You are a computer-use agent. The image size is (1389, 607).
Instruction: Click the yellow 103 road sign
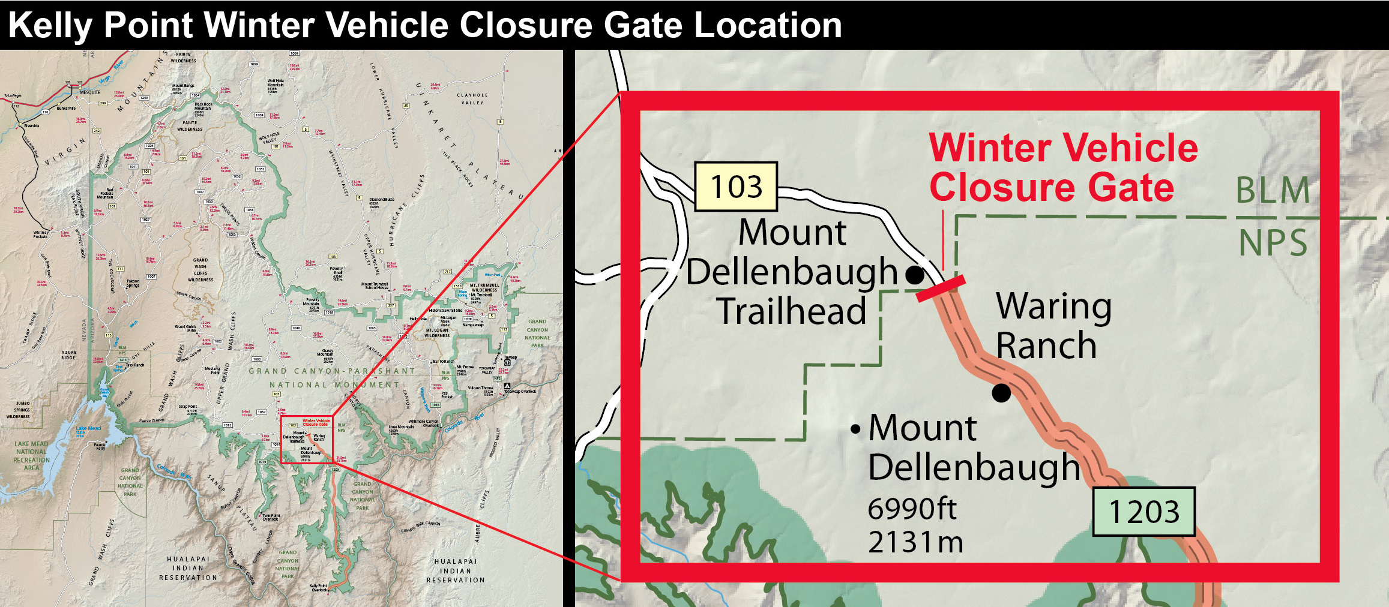tap(736, 187)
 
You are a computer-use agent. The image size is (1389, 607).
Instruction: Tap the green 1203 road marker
tap(1143, 512)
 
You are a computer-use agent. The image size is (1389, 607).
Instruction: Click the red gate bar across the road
tap(941, 289)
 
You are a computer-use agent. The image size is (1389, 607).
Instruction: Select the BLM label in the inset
tap(1272, 191)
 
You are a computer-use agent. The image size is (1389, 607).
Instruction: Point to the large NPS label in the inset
tap(1273, 243)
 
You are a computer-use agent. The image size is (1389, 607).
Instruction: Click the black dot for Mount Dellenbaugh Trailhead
tap(914, 275)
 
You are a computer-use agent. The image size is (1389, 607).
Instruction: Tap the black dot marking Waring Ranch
tap(1001, 393)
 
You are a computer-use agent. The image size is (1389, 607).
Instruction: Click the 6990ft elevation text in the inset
tap(912, 509)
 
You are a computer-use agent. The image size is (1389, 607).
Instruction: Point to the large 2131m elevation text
tap(915, 542)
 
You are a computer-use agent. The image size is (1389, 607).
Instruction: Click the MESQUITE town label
tap(90, 92)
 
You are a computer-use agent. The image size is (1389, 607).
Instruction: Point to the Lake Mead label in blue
tap(89, 428)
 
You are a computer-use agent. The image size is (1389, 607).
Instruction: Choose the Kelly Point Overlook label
tap(319, 588)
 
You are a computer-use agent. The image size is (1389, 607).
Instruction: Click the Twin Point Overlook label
tap(271, 517)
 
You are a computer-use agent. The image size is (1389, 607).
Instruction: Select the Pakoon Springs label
tap(133, 283)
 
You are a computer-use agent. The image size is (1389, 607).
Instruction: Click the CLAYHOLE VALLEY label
tap(472, 98)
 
